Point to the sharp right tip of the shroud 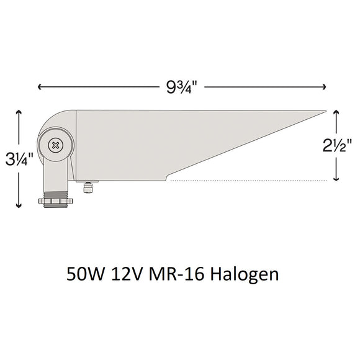click(324, 112)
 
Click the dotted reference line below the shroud click(248, 181)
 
